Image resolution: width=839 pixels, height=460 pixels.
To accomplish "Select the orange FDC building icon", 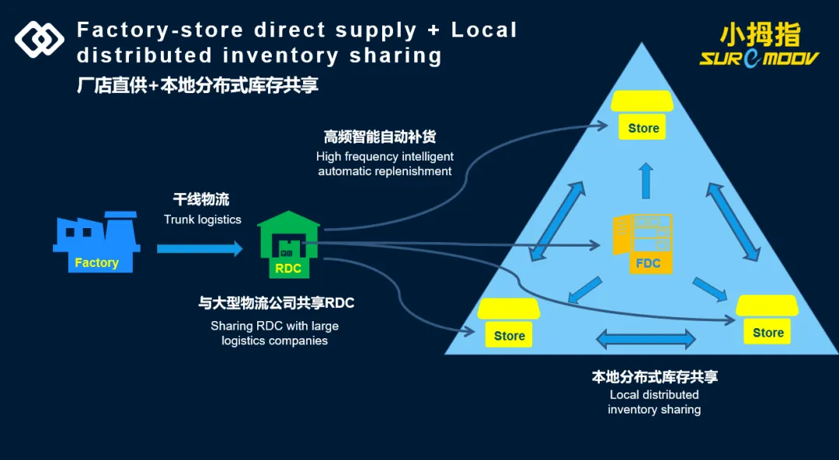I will [x=644, y=244].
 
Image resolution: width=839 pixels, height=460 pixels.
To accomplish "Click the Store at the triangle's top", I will [x=642, y=116].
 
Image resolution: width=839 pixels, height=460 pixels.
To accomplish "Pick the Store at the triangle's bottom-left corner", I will [x=509, y=322].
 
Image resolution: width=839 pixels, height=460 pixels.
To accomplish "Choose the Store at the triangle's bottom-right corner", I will [x=767, y=319].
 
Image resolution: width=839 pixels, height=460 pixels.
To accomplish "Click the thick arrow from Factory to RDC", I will [x=200, y=248].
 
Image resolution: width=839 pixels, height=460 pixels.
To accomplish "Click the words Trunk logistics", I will [x=202, y=220].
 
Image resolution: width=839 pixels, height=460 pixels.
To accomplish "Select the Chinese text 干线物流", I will [x=201, y=200].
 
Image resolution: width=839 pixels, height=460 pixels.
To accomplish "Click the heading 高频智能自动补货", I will [x=380, y=137].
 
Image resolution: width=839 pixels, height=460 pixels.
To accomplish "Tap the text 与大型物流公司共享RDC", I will [x=276, y=303].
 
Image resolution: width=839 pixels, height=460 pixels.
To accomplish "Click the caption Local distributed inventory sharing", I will [x=654, y=402].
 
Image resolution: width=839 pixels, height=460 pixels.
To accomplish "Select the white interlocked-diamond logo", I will [x=40, y=39].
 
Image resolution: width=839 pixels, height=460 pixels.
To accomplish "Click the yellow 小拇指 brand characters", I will [x=759, y=34].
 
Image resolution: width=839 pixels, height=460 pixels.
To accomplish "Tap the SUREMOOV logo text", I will [x=759, y=58].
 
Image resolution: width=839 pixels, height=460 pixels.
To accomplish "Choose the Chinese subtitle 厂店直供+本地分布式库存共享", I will [x=197, y=85].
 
